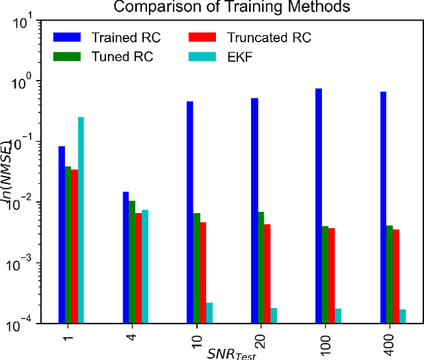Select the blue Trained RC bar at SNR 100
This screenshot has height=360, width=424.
pyautogui.click(x=319, y=206)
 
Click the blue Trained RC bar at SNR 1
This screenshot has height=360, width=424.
pyautogui.click(x=62, y=234)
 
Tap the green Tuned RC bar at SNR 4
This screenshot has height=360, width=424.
pyautogui.click(x=132, y=262)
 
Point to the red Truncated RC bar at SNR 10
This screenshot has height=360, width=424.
pyautogui.click(x=203, y=273)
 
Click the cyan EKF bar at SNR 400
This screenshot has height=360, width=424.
pyautogui.click(x=402, y=316)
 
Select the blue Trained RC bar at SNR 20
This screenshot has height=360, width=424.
pyautogui.click(x=254, y=210)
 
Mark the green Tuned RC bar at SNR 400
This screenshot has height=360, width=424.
pyautogui.click(x=390, y=274)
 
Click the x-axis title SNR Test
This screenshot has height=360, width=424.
pyautogui.click(x=230, y=352)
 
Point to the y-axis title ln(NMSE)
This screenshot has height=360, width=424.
pyautogui.click(x=9, y=173)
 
